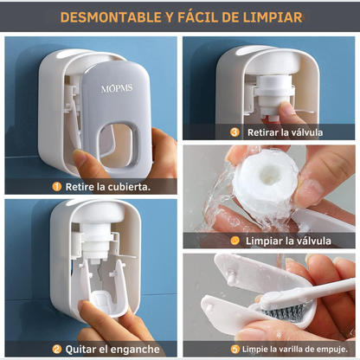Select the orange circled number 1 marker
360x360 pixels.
(x=56, y=185)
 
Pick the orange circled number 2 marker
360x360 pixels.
(x=56, y=349)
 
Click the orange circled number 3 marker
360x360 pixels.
(x=234, y=132)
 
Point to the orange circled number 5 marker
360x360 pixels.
(x=235, y=349)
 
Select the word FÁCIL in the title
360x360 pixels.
(x=187, y=17)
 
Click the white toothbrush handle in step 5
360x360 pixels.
(x=333, y=288)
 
